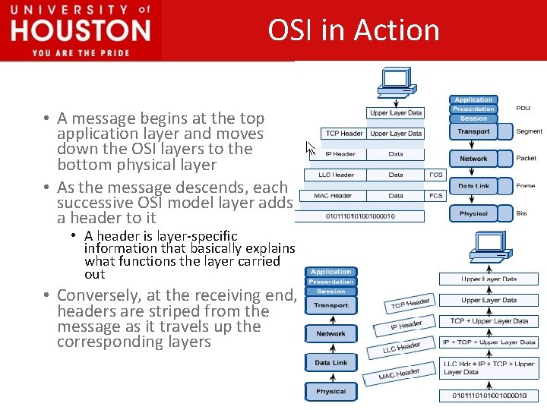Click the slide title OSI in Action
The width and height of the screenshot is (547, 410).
click(x=353, y=30)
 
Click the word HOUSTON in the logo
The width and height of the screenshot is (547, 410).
click(x=81, y=31)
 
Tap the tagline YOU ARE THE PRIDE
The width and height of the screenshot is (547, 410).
click(x=81, y=52)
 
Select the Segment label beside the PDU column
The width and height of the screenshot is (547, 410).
click(x=529, y=131)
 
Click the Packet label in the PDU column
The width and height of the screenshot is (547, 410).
click(x=526, y=159)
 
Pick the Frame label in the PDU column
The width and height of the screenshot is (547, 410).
click(x=526, y=186)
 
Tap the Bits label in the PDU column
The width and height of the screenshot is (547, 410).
click(x=522, y=213)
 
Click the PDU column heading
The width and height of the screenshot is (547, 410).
click(x=523, y=109)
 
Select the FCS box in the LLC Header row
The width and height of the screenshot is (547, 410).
click(x=436, y=175)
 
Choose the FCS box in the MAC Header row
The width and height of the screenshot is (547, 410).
click(x=436, y=196)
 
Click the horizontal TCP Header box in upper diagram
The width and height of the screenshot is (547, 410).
click(x=344, y=134)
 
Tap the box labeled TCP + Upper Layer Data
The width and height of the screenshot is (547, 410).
click(x=489, y=321)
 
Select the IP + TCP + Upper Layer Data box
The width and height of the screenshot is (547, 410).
click(x=489, y=342)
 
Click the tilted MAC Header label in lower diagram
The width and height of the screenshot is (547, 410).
click(x=400, y=374)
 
